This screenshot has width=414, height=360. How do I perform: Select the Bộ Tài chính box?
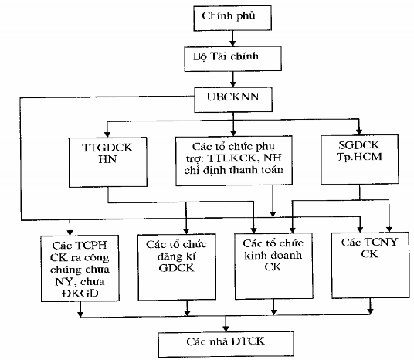(229, 58)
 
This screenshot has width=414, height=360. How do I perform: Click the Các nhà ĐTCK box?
(226, 340)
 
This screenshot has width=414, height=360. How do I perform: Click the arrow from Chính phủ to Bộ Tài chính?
(229, 38)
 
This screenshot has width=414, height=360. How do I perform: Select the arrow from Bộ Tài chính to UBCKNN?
(229, 78)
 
